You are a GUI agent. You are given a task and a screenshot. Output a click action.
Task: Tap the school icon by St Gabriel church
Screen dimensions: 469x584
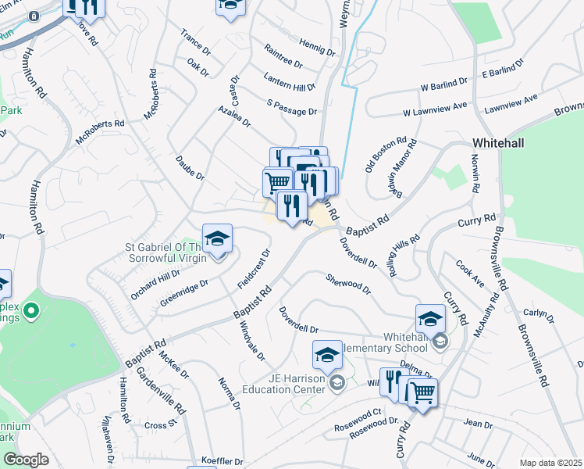(x=218, y=238)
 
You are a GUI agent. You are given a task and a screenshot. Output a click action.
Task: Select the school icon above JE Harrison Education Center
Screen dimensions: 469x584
(x=327, y=356)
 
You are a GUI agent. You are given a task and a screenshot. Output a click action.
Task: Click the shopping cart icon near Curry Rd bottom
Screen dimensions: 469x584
(x=422, y=393)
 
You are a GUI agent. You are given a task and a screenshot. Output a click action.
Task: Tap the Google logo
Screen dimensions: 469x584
(x=26, y=459)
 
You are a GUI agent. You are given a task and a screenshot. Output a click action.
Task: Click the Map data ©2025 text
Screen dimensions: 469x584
(x=550, y=463)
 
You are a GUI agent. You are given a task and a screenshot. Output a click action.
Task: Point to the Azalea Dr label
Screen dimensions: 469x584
(x=234, y=116)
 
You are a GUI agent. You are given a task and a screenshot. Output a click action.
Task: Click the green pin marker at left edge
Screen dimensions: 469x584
(x=31, y=312)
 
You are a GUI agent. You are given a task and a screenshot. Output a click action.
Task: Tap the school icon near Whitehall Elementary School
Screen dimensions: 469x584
(x=429, y=318)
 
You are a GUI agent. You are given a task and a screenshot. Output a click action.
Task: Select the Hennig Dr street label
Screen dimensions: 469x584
(x=316, y=48)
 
